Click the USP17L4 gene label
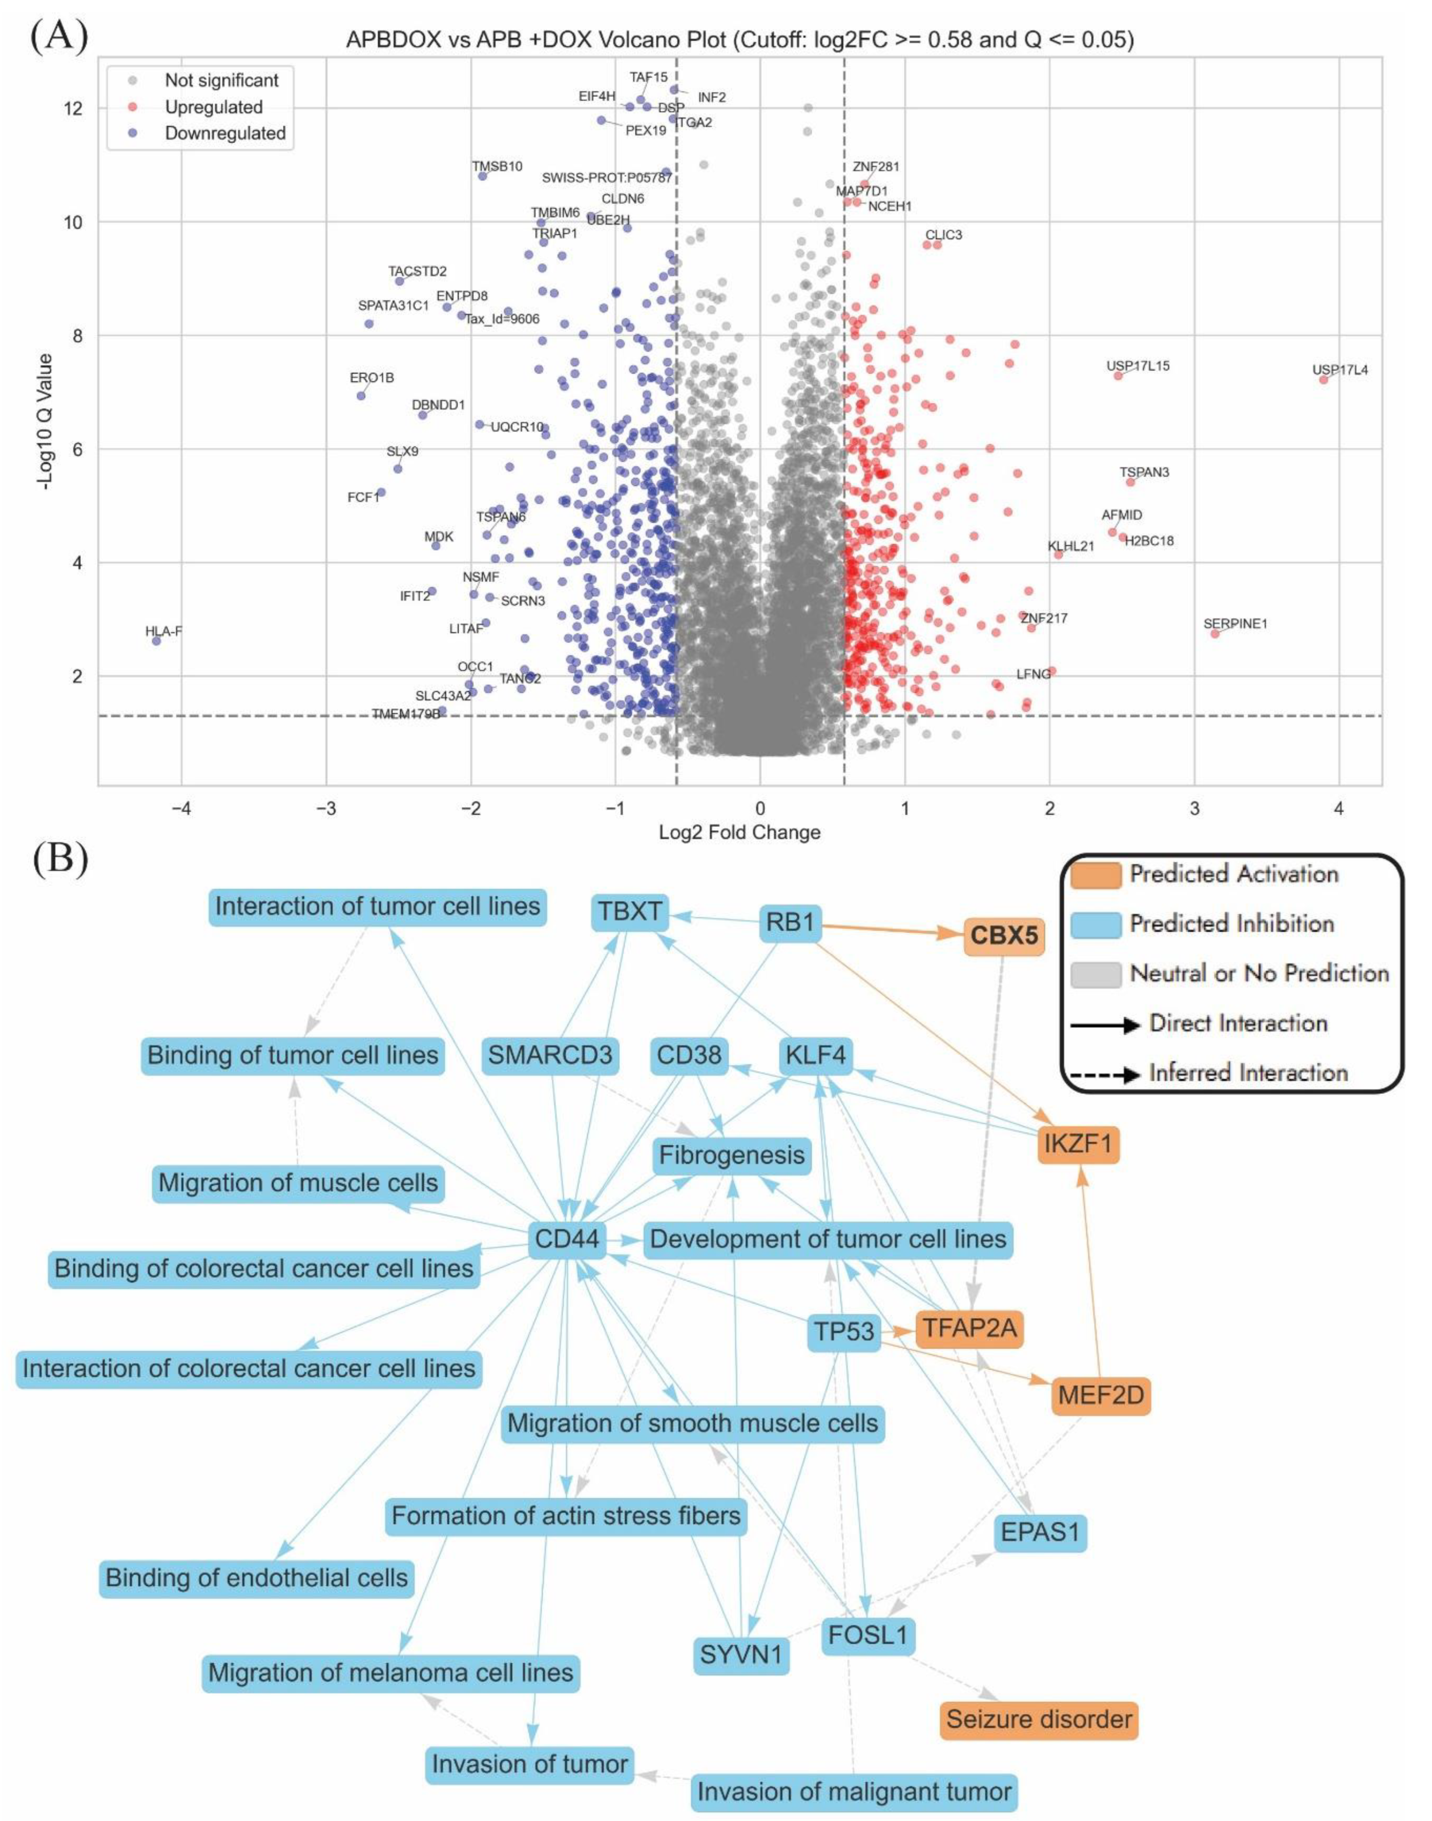click(1339, 370)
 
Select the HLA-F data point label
click(163, 631)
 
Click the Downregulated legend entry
click(225, 133)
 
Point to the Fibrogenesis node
click(731, 1155)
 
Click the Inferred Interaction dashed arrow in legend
click(1105, 1073)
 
